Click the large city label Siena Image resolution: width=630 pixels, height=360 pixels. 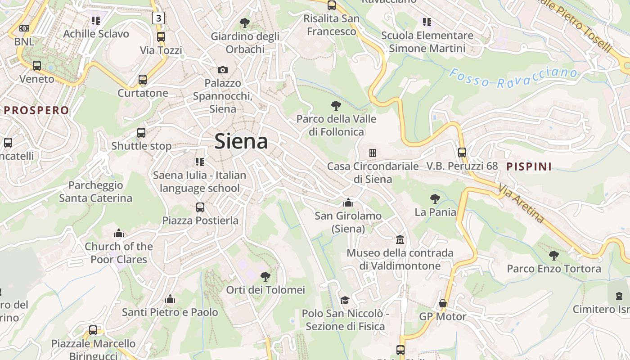241,141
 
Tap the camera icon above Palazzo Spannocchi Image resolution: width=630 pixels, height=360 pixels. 222,70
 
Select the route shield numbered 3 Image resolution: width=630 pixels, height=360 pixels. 158,18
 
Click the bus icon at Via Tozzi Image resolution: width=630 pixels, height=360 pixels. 161,37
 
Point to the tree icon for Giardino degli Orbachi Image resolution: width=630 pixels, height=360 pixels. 245,22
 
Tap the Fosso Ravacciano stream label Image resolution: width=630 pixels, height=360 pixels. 513,77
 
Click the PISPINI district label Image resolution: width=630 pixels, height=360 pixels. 529,166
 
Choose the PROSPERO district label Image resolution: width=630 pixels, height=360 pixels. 36,110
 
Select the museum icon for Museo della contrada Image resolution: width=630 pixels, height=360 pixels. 400,239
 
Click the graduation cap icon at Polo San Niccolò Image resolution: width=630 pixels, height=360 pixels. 345,300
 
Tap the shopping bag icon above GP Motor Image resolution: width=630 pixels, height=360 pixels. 443,303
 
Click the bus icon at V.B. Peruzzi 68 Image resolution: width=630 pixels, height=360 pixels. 462,152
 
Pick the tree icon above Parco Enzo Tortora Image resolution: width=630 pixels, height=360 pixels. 554,256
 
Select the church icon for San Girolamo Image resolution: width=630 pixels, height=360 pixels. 348,202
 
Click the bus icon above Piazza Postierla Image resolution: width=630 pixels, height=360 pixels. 200,207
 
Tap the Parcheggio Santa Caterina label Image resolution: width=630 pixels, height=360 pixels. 95,192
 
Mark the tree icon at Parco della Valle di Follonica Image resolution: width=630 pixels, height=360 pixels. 336,106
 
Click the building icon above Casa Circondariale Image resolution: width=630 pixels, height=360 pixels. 373,153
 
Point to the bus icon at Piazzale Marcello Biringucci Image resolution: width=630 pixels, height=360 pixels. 93,330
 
